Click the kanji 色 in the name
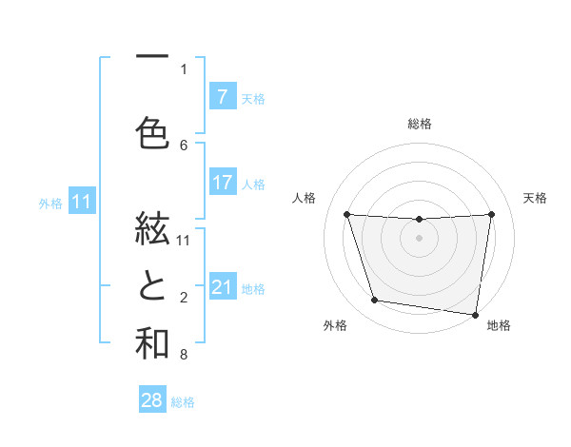[x=151, y=132]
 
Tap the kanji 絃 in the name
[x=151, y=229]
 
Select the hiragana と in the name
[x=151, y=287]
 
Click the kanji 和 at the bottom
[x=151, y=344]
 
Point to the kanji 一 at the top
[x=151, y=58]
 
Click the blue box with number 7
[x=222, y=96]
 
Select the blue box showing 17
[x=222, y=183]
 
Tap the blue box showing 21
[x=222, y=287]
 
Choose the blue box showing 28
[x=152, y=400]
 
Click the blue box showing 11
[x=83, y=202]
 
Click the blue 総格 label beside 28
[x=183, y=402]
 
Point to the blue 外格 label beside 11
[x=50, y=204]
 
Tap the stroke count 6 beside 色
[x=184, y=146]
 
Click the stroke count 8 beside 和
[x=184, y=356]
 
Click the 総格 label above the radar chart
[x=419, y=124]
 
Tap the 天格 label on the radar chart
[x=536, y=198]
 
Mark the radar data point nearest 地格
[x=476, y=314]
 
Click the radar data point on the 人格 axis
[x=347, y=214]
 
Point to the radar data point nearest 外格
[x=375, y=301]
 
